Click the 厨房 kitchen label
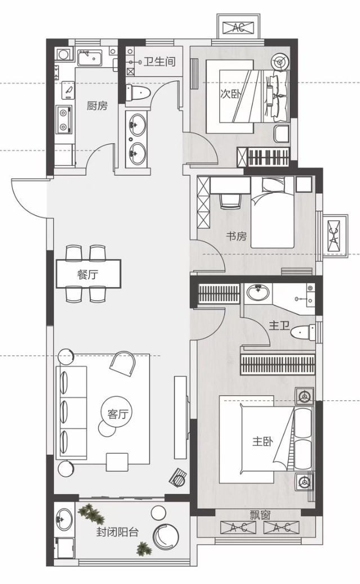click(97, 106)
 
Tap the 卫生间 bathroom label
click(160, 61)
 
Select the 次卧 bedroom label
click(230, 94)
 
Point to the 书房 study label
click(237, 236)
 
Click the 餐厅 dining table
click(89, 274)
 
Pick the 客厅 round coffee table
click(117, 411)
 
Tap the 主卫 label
click(280, 326)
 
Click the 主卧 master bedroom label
click(263, 442)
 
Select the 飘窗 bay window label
click(260, 515)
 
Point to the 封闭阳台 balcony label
click(118, 532)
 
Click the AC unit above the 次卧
click(238, 27)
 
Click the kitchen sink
click(90, 58)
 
